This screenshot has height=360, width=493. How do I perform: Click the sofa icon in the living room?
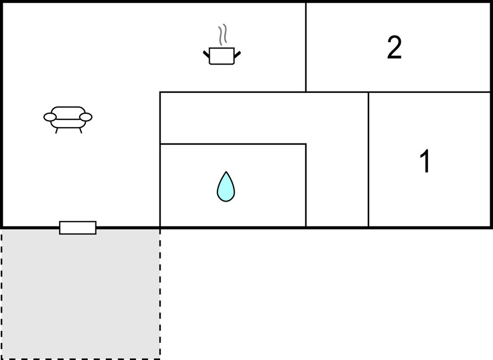[68, 118]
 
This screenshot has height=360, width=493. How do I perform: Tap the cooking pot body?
[222, 56]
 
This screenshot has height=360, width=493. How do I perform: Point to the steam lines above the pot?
[222, 35]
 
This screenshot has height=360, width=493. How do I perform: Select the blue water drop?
[226, 187]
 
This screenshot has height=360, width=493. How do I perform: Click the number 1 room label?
[425, 162]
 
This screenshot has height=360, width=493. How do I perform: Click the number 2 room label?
[394, 48]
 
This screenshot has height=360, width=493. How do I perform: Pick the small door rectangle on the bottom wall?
[78, 227]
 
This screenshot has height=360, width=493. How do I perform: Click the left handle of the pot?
[206, 54]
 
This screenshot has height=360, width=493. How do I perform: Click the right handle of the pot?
[237, 54]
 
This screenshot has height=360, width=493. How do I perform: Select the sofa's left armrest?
[50, 117]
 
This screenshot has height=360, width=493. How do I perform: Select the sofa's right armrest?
[86, 117]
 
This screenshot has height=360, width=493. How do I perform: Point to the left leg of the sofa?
[56, 131]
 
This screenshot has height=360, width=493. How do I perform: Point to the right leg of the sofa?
[81, 131]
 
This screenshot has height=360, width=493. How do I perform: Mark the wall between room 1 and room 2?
[429, 92]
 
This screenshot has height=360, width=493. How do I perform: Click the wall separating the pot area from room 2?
[306, 47]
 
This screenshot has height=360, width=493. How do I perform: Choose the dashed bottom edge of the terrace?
[81, 358]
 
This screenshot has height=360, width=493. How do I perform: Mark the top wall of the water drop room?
[232, 144]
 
